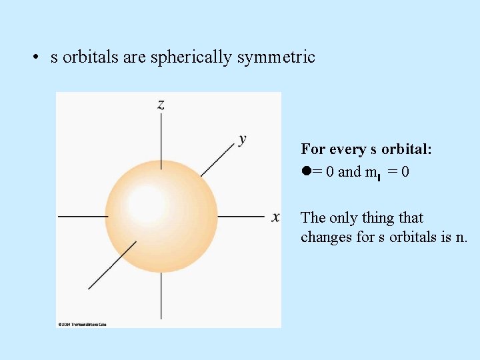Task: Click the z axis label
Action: click(x=161, y=104)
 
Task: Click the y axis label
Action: click(x=242, y=139)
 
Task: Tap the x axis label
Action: click(x=275, y=217)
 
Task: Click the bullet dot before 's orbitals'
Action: click(x=34, y=58)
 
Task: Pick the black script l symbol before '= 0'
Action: click(x=306, y=171)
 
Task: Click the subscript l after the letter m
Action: click(x=378, y=177)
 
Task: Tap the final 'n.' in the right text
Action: click(x=461, y=237)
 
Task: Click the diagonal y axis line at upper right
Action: click(x=218, y=158)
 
